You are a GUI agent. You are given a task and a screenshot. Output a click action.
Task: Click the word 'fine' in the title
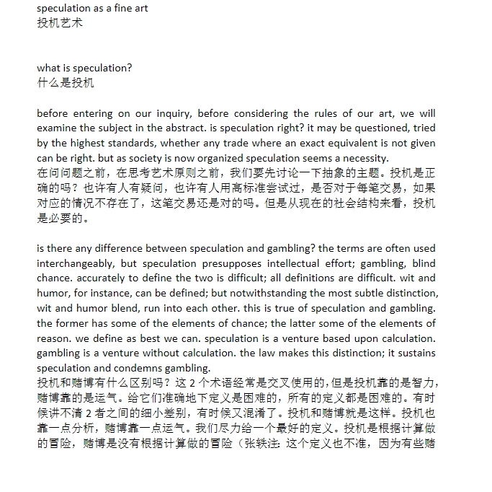116,8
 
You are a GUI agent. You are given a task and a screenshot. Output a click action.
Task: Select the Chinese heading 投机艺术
60,22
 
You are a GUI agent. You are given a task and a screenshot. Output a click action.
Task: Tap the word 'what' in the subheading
49,68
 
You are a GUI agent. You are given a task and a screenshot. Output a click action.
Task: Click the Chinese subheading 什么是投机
66,82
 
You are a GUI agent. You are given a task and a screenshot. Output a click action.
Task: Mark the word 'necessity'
364,158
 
